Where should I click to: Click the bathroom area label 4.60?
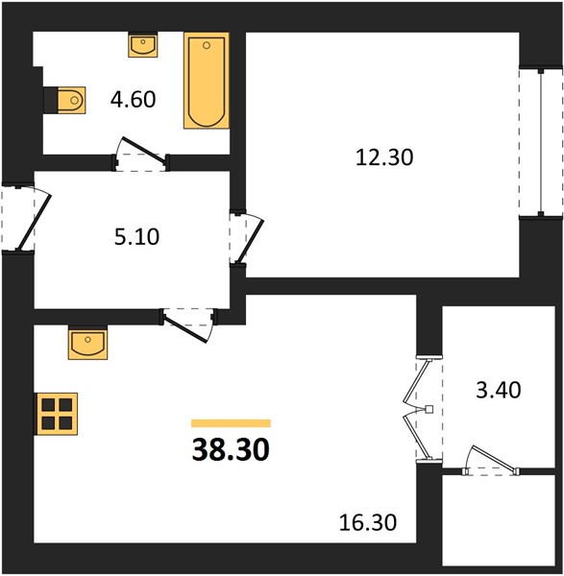point(134,100)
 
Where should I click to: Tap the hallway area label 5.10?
point(136,237)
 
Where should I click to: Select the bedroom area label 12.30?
point(384,157)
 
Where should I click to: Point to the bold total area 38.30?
point(231,450)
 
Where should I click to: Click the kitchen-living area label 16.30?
point(368,522)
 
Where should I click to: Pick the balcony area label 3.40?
point(499,390)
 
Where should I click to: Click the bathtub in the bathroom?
point(207,81)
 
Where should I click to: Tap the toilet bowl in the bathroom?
point(71,100)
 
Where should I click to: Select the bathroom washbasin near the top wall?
point(143,45)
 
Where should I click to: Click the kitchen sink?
point(87,344)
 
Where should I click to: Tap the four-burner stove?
point(57,414)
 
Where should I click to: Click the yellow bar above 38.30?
point(231,423)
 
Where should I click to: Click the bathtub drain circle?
point(207,45)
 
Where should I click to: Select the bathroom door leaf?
point(144,150)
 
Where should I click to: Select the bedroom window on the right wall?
point(541,142)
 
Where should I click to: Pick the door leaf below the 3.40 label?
point(494,459)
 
